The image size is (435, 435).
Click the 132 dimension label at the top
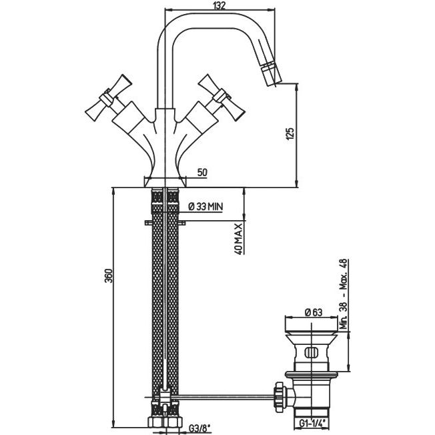point(219,5)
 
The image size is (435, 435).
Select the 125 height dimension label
point(290,133)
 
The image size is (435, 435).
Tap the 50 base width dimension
point(202,172)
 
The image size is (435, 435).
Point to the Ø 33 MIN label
point(205,206)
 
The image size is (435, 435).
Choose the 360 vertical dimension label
point(109,275)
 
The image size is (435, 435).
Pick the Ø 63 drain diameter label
point(314,312)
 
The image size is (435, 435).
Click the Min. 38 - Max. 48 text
point(344,294)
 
